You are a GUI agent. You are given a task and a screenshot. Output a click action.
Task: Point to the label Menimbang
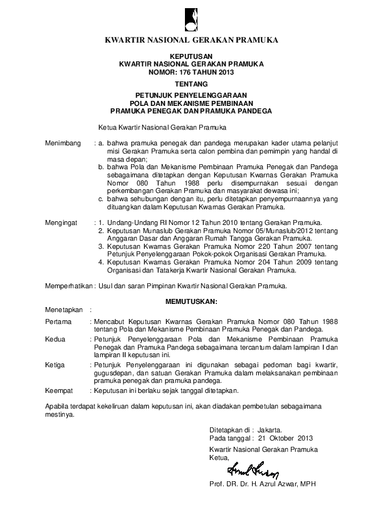pos(63,143)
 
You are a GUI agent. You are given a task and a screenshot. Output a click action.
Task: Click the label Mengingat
pos(63,222)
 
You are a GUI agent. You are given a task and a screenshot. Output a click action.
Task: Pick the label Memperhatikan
pos(68,286)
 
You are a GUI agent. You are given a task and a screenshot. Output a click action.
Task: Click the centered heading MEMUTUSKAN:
pos(192,301)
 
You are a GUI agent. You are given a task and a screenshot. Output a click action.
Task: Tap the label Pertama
pos(58,321)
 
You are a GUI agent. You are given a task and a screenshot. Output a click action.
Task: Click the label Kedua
pos(56,339)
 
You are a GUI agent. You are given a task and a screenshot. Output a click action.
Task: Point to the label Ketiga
pos(56,365)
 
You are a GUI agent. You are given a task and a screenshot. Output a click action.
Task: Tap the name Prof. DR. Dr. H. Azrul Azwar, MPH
pos(263,485)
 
